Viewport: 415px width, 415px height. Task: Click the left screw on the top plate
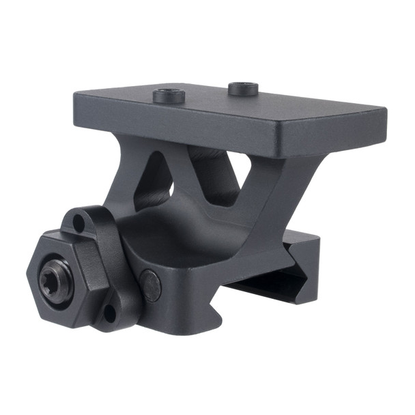(170, 95)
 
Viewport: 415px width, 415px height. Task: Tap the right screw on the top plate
(244, 88)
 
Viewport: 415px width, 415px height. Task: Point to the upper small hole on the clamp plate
(80, 223)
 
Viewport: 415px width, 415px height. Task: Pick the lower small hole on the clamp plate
(109, 314)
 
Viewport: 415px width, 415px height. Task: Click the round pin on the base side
(150, 285)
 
